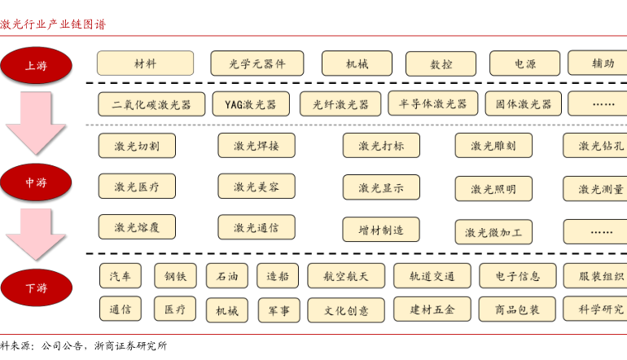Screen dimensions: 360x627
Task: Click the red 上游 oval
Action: [36, 65]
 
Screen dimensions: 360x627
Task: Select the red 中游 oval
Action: [36, 182]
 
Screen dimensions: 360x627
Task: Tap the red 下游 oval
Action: [36, 288]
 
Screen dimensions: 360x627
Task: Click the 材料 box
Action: [145, 64]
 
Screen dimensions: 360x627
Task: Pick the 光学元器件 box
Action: [256, 64]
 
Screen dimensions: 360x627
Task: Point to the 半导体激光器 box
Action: [432, 103]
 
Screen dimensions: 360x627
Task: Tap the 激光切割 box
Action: [137, 146]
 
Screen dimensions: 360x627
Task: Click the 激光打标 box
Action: [380, 146]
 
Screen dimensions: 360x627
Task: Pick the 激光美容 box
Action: [256, 187]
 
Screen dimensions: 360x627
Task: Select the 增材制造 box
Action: [380, 230]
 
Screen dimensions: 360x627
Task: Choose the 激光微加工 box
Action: [493, 232]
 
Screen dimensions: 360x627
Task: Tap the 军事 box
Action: [278, 310]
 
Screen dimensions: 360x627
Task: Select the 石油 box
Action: [226, 276]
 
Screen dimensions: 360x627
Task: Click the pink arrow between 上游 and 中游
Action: [36, 122]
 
